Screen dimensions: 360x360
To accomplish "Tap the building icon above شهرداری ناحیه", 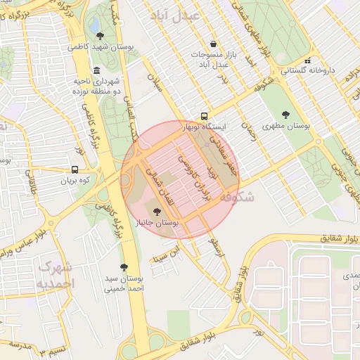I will click(96, 70).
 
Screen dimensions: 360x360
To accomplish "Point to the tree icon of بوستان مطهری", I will click(285, 115).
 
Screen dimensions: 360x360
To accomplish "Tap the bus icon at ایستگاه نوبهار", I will click(204, 115).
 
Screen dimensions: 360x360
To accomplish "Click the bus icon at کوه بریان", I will click(75, 169).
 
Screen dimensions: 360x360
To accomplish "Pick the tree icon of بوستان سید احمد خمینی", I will click(124, 266).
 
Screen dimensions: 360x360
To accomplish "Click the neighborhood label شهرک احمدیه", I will click(54, 275).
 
